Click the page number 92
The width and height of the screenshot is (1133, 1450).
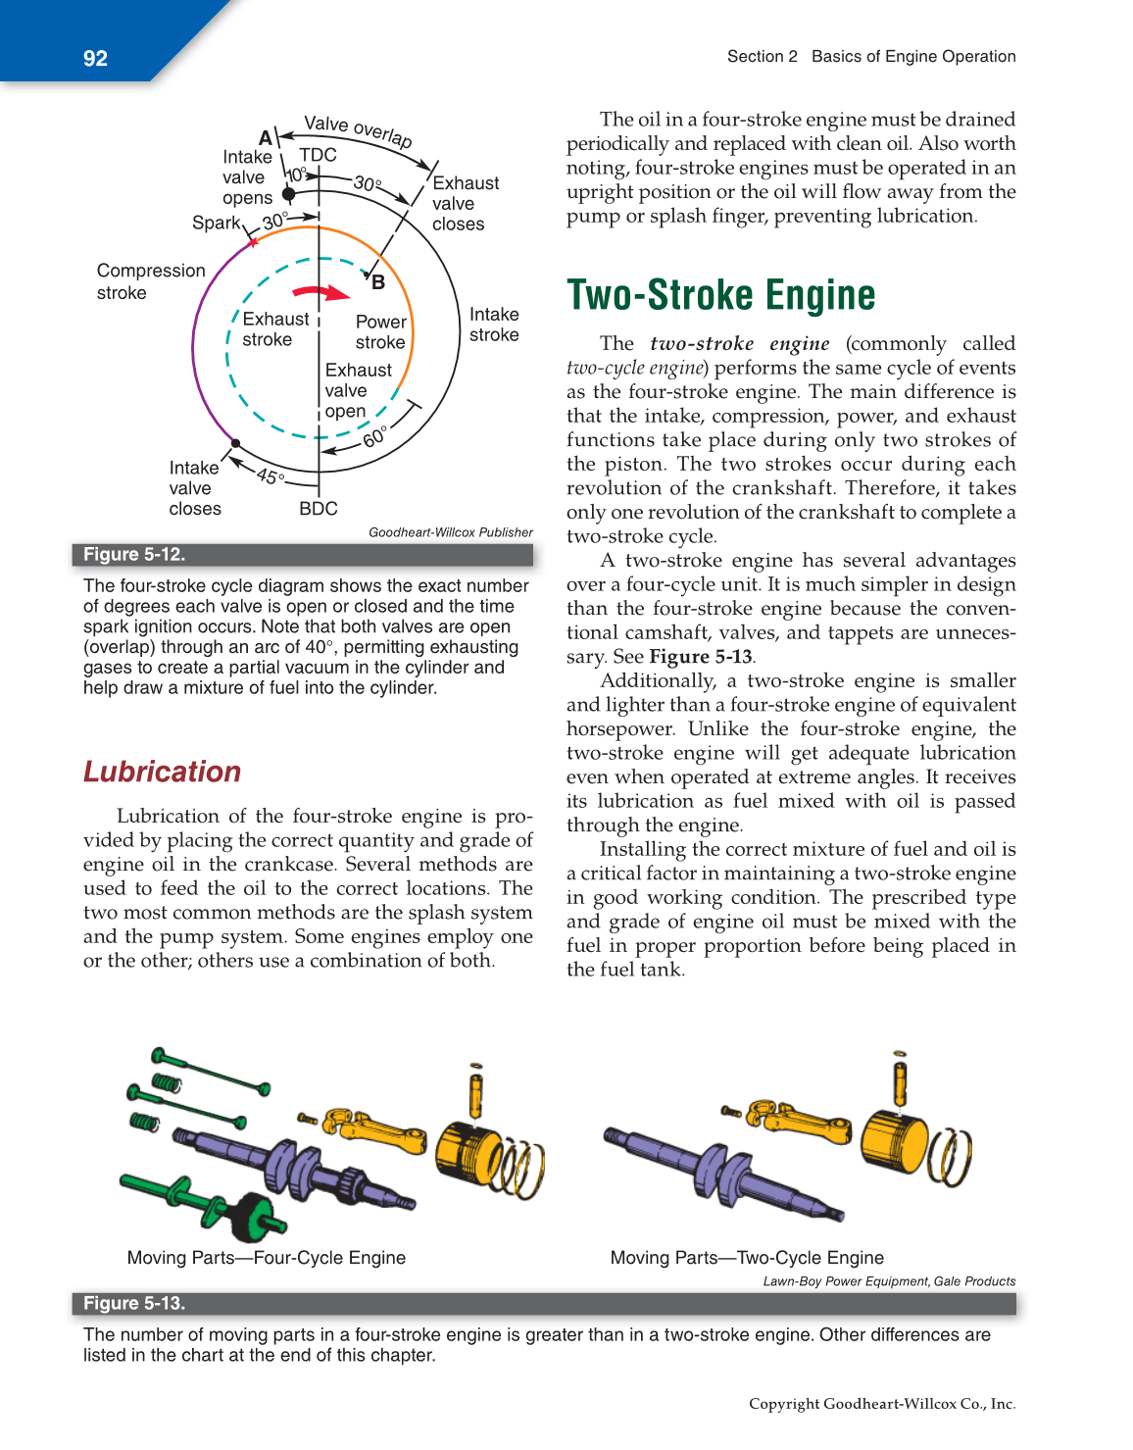click(x=95, y=58)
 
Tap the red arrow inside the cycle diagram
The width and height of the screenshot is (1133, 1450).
click(x=321, y=292)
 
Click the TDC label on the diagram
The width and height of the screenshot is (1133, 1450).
click(x=318, y=155)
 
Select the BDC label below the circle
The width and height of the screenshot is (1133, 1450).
click(x=319, y=509)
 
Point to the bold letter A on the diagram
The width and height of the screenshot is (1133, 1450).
click(x=265, y=138)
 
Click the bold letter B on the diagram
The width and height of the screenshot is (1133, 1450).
click(x=378, y=283)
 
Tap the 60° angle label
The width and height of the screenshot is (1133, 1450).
click(x=374, y=437)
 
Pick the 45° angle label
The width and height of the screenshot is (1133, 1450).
click(x=271, y=476)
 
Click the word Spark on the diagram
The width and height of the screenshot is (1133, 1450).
click(x=216, y=223)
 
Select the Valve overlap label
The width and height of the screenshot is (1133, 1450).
click(x=358, y=129)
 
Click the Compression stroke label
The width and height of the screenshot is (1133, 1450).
click(x=151, y=281)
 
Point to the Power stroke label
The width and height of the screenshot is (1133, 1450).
click(x=380, y=331)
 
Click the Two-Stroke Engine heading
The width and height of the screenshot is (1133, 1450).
click(x=720, y=295)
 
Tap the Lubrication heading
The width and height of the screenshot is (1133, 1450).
click(x=162, y=772)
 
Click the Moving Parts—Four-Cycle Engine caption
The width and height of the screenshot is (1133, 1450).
click(x=267, y=1258)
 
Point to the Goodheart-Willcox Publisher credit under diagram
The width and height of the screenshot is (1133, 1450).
click(x=451, y=532)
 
